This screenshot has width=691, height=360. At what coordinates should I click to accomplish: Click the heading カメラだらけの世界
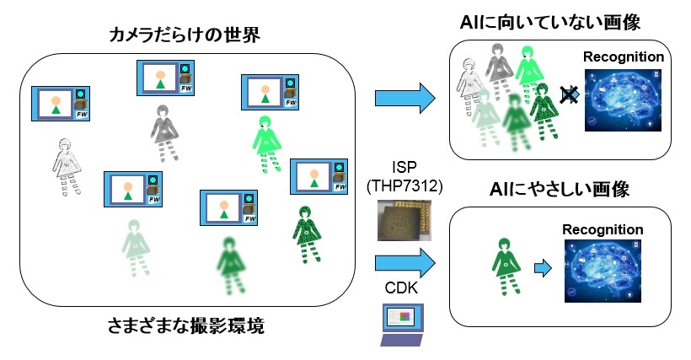[183, 36]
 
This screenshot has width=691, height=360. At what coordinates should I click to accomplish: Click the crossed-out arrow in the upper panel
[570, 95]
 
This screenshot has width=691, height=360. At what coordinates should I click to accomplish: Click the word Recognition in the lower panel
[603, 229]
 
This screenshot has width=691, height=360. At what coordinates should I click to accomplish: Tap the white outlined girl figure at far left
[65, 165]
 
